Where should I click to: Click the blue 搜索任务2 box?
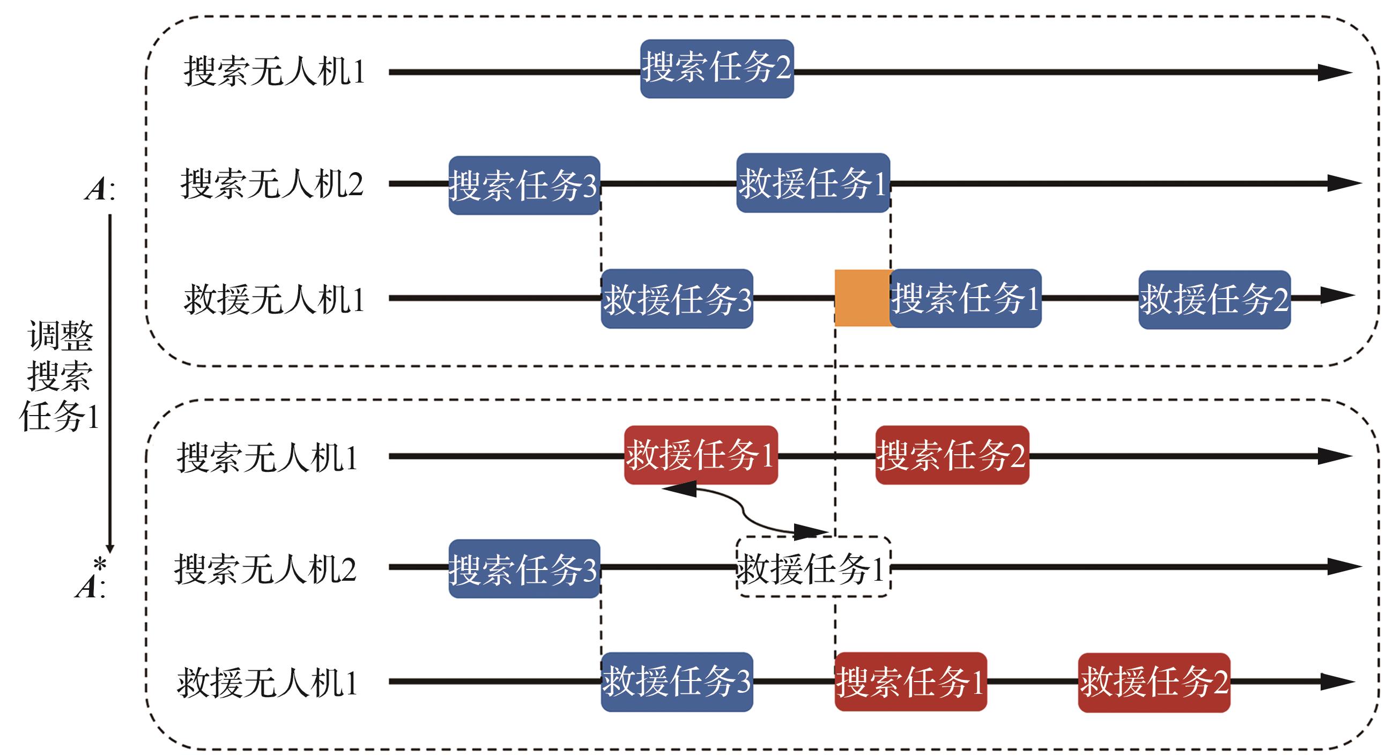716,69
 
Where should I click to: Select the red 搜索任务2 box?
952,455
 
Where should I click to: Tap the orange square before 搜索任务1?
862,298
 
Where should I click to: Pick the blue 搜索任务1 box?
966,298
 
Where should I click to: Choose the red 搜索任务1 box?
910,682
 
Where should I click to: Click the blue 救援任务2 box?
1214,299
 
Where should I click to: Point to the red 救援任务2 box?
1154,682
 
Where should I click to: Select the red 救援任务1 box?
701,455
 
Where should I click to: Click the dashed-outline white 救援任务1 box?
812,567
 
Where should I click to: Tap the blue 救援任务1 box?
813,183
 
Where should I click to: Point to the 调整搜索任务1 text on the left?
60,375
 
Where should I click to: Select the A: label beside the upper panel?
100,189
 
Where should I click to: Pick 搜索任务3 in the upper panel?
524,186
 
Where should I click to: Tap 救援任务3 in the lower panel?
677,682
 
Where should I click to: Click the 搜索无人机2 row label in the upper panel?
271,184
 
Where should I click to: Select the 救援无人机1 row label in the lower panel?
268,683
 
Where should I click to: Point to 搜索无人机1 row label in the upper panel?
274,71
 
